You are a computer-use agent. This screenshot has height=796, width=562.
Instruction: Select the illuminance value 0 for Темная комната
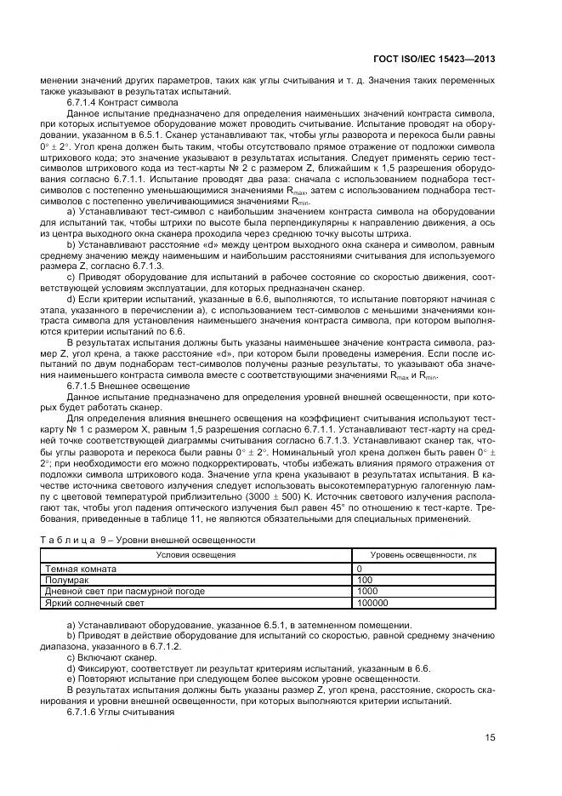click(359, 569)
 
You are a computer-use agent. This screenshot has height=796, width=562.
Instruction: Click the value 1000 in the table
click(367, 591)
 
